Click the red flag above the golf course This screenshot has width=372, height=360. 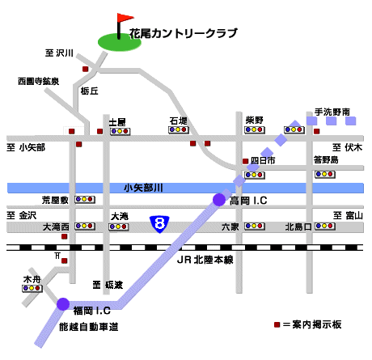point(125,18)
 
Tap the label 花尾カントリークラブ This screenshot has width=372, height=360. point(184,33)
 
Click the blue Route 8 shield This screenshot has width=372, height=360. point(159,224)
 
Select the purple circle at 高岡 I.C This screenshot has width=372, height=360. point(219,200)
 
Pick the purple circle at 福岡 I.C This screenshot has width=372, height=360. point(63,304)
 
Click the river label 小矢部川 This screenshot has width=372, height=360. point(143,188)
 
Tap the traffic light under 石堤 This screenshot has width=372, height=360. point(179,130)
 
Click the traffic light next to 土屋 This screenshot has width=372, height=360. point(120,131)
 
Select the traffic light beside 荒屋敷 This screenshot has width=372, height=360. point(85,200)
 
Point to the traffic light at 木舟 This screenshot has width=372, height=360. point(32,288)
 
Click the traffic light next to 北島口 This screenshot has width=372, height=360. point(325,226)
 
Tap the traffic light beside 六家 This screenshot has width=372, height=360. point(255,226)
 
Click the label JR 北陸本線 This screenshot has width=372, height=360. point(205,260)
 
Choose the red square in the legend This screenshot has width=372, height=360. point(277,324)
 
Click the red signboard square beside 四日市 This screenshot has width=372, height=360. point(245,161)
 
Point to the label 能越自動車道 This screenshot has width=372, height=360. point(89,327)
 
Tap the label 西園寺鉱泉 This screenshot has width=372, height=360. point(39,81)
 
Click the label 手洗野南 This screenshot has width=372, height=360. point(332,112)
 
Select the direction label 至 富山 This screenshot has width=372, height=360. point(348,215)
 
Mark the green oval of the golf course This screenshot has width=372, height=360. point(120,42)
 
